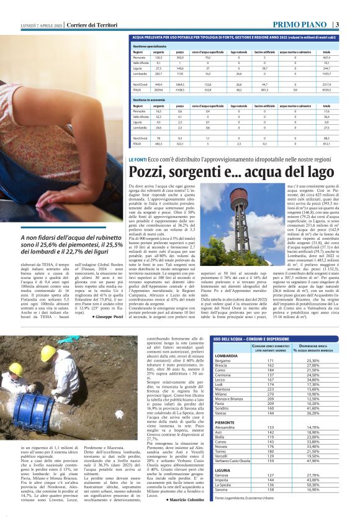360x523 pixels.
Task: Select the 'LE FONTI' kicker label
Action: point(138,160)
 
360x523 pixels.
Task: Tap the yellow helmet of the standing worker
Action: point(48,353)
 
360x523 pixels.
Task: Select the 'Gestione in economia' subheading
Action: point(151,99)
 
